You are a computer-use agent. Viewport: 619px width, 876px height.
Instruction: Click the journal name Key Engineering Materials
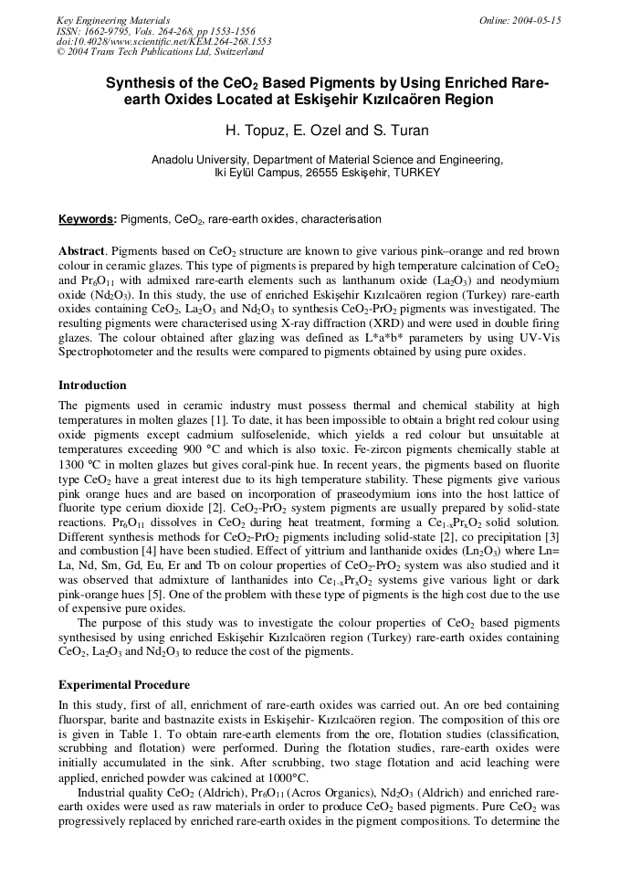[113, 20]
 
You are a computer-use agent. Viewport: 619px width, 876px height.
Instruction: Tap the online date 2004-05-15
[534, 20]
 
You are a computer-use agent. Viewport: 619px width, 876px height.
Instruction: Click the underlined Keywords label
[88, 220]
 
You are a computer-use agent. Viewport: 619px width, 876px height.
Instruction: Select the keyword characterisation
[341, 220]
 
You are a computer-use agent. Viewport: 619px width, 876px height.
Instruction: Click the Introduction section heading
[92, 385]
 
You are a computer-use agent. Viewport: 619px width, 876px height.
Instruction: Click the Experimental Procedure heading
[124, 685]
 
